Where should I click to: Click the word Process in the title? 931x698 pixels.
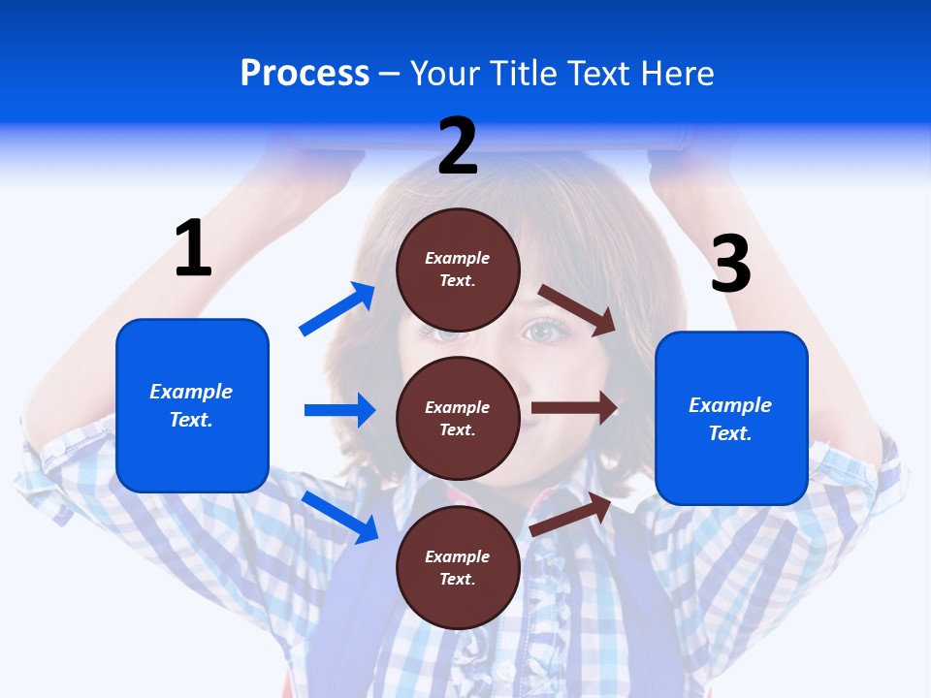click(x=305, y=74)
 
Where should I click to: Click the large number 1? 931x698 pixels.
click(x=193, y=248)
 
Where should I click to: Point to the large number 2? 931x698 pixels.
click(x=458, y=146)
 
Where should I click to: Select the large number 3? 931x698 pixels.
click(x=731, y=265)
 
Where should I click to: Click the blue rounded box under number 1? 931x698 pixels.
click(x=192, y=405)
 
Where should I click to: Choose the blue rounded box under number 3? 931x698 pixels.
click(x=731, y=418)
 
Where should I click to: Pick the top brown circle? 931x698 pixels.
click(x=458, y=270)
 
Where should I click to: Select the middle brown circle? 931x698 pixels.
click(x=458, y=418)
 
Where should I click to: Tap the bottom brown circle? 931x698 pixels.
click(x=458, y=567)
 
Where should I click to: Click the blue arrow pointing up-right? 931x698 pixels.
click(x=337, y=309)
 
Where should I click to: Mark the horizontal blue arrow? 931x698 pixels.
click(x=339, y=410)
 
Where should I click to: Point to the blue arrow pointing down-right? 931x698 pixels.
click(x=339, y=516)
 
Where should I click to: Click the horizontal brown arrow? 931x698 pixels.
click(x=574, y=408)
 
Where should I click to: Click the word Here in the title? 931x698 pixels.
click(x=678, y=74)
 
